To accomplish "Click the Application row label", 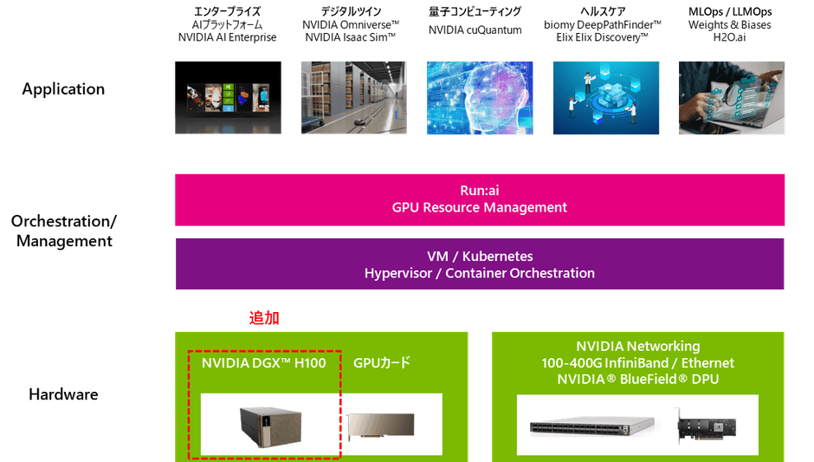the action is click(63, 89).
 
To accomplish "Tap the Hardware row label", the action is click(63, 394).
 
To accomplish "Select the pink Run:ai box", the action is click(480, 199).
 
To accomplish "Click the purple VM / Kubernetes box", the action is click(480, 264).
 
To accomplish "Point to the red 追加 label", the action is click(264, 318).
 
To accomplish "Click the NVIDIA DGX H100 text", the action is click(264, 362).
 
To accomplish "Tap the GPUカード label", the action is click(382, 362).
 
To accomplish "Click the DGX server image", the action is click(270, 427).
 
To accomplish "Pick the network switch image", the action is click(592, 427).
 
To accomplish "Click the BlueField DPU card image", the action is click(706, 426).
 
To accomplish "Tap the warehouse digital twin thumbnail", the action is click(354, 98).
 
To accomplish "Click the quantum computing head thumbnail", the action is click(480, 98).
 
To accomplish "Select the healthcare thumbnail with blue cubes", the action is click(606, 98).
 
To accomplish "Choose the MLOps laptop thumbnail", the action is click(732, 98).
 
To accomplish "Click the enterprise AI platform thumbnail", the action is click(228, 98).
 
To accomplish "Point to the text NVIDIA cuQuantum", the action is click(475, 30).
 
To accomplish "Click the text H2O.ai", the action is click(729, 37).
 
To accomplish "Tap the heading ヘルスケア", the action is click(603, 11).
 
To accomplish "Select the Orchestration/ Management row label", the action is click(64, 231).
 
